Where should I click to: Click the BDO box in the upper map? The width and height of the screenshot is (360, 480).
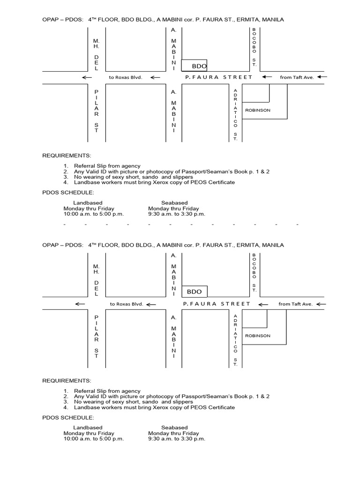click(x=194, y=65)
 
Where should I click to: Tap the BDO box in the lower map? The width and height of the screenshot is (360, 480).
click(x=194, y=292)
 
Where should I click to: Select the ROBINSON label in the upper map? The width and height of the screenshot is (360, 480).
click(x=258, y=110)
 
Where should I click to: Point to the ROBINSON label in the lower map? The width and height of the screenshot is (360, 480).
click(x=258, y=336)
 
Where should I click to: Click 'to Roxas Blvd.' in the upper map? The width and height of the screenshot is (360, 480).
click(x=125, y=77)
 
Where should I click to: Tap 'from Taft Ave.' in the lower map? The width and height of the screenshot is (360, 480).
click(x=295, y=304)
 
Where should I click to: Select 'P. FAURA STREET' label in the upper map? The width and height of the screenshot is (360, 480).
click(x=218, y=77)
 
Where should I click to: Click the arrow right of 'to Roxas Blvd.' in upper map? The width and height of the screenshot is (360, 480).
click(x=155, y=77)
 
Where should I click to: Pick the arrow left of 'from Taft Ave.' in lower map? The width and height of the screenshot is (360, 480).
click(x=265, y=304)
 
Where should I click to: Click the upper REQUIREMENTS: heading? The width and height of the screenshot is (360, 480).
click(x=67, y=155)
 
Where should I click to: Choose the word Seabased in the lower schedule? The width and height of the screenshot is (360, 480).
click(x=174, y=427)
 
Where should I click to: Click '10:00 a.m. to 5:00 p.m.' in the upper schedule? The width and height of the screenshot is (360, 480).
click(x=94, y=214)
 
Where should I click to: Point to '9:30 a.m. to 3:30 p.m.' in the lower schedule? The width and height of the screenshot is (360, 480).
click(x=177, y=439)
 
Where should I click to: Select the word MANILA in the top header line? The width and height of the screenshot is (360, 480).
click(x=273, y=20)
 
